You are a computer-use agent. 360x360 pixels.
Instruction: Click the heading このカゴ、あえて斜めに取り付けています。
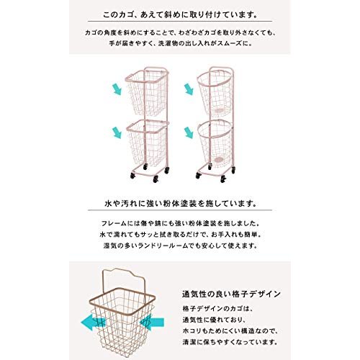tap(180, 15)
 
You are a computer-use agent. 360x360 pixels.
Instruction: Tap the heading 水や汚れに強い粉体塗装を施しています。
tap(180, 204)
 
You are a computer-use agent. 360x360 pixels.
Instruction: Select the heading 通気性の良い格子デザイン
tap(231, 294)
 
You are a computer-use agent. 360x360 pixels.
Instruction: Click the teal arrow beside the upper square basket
tap(117, 89)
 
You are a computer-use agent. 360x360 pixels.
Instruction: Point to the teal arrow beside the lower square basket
tap(117, 132)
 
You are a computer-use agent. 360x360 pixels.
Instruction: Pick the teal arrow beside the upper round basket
tap(189, 89)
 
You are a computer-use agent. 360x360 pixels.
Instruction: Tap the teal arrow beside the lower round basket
tap(189, 132)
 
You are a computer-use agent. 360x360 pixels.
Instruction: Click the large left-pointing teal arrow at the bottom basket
tap(93, 322)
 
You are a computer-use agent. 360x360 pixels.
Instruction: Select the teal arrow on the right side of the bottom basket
tap(152, 322)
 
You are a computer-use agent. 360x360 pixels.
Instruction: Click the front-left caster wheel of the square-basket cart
tap(132, 176)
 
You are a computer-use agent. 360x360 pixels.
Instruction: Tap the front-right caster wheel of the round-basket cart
tap(223, 179)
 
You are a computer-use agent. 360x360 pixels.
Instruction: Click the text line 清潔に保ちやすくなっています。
tap(230, 342)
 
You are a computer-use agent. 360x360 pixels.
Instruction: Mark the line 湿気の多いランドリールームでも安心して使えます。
tap(180, 246)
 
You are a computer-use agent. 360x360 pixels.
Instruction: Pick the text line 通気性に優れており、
tap(213, 320)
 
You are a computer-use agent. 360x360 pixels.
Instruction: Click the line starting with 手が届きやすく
tap(181, 43)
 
